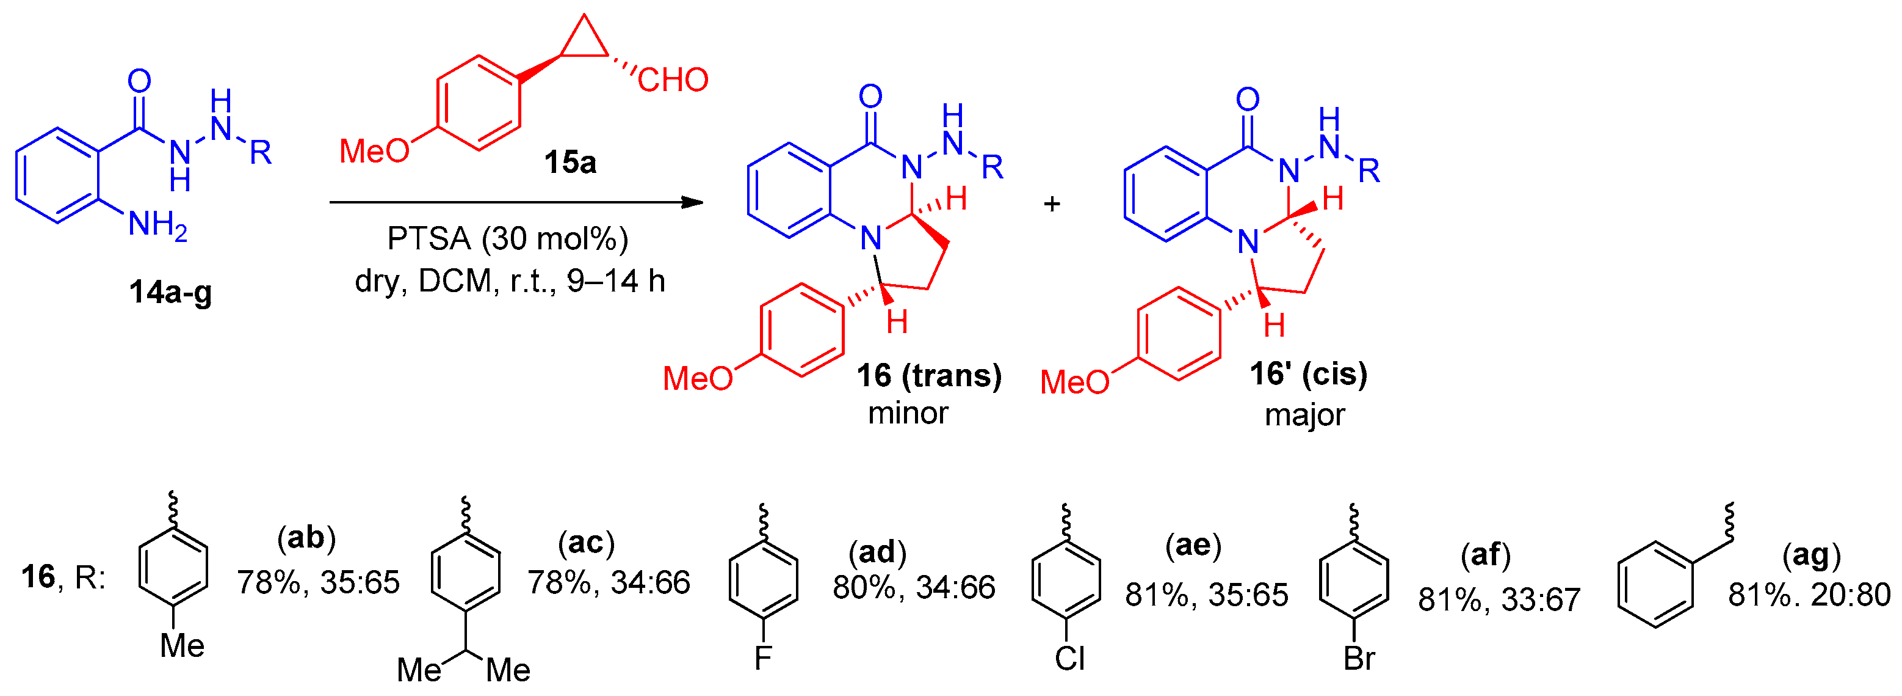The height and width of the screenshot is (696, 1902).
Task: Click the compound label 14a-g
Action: click(170, 293)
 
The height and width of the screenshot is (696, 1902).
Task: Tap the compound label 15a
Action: click(570, 162)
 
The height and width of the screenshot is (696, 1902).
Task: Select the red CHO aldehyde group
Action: click(673, 80)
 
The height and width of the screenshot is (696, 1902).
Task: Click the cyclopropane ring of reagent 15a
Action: click(584, 42)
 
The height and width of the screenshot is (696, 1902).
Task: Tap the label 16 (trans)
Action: click(929, 375)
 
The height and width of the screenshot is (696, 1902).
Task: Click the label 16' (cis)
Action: click(1308, 374)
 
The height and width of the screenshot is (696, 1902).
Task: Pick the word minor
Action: click(908, 413)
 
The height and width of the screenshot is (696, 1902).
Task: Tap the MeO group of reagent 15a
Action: click(374, 152)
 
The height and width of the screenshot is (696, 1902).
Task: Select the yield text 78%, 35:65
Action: click(318, 582)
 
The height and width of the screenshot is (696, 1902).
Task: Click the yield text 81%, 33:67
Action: click(1499, 599)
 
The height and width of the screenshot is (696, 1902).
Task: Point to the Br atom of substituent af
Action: click(1359, 658)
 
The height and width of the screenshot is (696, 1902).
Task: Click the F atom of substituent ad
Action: click(763, 657)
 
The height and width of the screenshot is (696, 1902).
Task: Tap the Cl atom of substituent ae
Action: click(1070, 658)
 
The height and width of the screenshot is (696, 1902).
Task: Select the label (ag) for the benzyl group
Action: click(1811, 555)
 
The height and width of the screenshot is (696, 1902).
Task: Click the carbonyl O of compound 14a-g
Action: click(139, 81)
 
